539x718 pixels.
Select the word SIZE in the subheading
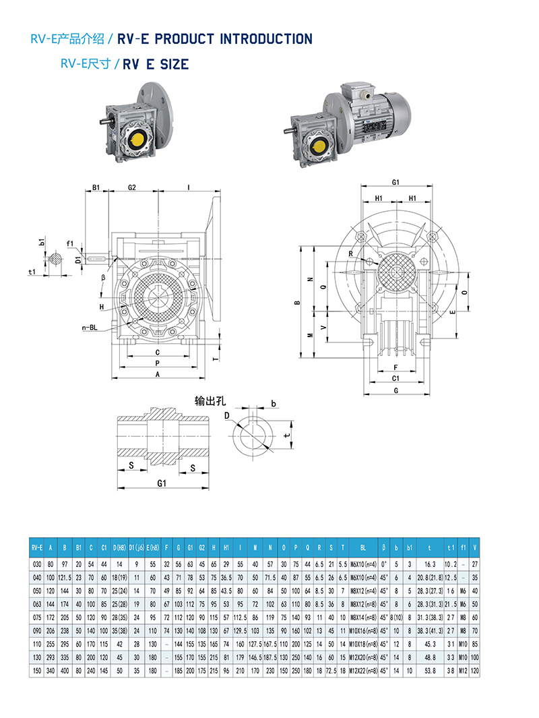click(x=174, y=65)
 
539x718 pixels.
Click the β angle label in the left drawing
click(x=103, y=276)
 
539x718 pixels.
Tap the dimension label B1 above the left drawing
click(x=96, y=187)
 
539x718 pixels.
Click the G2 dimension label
click(x=132, y=187)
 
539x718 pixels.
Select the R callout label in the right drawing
click(x=351, y=253)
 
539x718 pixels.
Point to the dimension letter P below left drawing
click(x=157, y=362)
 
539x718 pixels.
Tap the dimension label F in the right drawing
click(x=395, y=367)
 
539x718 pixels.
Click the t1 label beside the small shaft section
click(x=32, y=272)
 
